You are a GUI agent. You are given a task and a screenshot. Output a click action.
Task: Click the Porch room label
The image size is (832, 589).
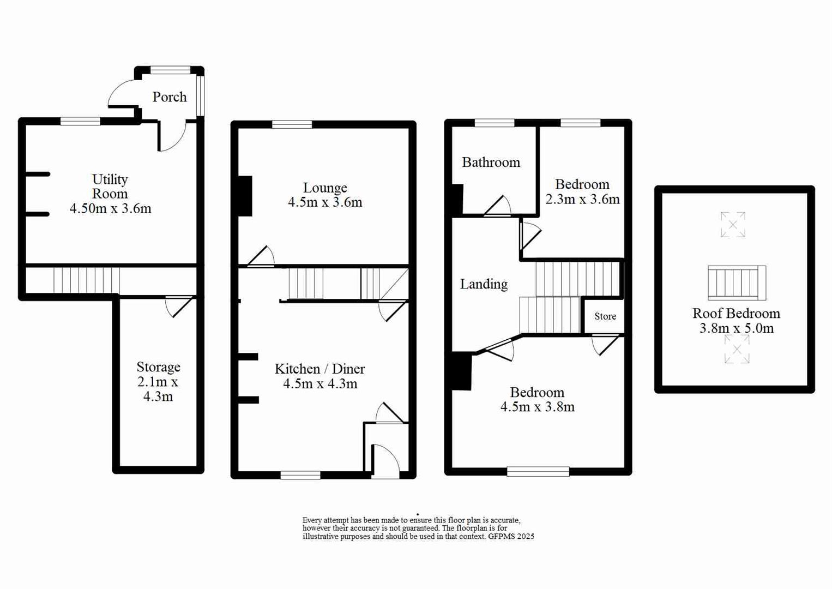coord(169,97)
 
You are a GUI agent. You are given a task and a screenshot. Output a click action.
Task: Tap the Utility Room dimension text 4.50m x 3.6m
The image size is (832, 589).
coord(110,208)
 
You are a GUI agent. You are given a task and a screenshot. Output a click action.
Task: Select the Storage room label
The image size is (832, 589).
coord(158,367)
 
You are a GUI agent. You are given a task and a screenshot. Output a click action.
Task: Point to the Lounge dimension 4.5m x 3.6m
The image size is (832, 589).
coord(325,202)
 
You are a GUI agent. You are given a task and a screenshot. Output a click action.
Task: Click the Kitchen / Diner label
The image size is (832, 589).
coord(319,369)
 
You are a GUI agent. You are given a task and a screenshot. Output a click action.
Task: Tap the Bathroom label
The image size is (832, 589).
coord(491,163)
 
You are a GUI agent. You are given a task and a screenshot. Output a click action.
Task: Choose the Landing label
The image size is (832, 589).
coord(484,284)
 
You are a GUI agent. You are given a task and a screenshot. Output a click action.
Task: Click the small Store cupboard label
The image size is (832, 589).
coord(605,316)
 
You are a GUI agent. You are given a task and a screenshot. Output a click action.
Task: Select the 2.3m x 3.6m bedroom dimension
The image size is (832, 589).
coord(582,200)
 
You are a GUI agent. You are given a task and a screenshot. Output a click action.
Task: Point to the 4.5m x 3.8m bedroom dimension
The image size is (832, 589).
coord(537,407)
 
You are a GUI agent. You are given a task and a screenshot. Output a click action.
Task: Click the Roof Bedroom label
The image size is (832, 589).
coord(736,314)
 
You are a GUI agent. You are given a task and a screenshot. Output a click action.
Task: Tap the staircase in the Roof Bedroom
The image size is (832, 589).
coord(737,283)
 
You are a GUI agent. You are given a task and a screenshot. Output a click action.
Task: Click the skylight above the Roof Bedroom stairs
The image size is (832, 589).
coord(733,225)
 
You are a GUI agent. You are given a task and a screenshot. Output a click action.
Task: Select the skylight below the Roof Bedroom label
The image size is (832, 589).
coord(737,349)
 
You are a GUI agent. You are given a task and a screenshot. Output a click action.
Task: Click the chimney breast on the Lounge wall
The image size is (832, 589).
coord(245,196)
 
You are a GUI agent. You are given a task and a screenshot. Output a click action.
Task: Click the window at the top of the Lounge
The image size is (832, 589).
coord(292,124)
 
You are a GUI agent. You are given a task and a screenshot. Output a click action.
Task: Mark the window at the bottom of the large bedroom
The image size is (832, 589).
coord(538,471)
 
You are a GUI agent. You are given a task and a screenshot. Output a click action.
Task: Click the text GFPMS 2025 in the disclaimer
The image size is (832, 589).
coord(511,537)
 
